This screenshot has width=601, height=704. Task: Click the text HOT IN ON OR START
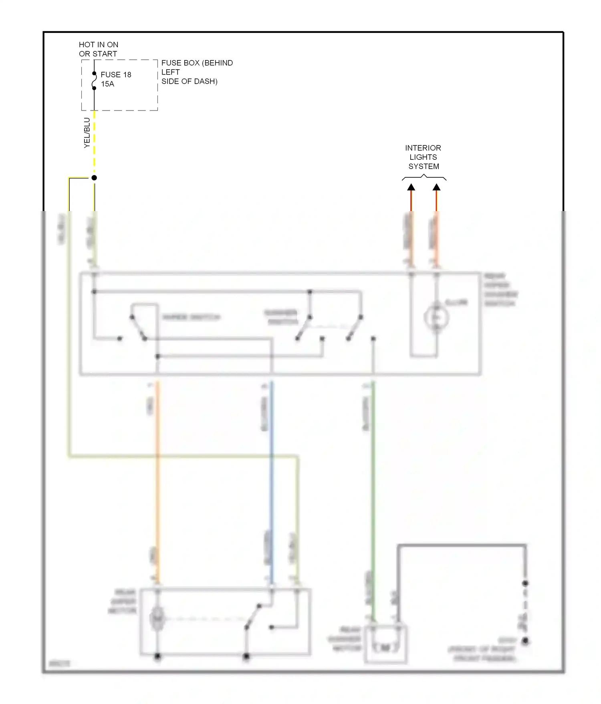point(98,49)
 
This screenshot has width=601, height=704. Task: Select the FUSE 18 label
point(116,75)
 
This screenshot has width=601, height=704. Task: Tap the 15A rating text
point(107,84)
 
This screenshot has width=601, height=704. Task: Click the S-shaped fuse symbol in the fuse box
point(94,81)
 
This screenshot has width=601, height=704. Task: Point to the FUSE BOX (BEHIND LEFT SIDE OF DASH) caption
point(196,72)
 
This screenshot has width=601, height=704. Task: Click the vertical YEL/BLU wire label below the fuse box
point(87,133)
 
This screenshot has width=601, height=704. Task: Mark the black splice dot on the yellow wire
point(94,178)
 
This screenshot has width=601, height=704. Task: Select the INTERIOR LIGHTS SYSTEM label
point(423,157)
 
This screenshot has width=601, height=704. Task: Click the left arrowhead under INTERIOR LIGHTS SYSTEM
point(411,187)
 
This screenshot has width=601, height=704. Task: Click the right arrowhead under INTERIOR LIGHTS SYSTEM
point(437,187)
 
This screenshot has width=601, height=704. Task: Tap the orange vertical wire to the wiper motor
point(157,481)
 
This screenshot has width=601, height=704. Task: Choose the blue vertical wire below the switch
point(272,481)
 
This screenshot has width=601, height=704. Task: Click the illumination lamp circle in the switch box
point(436,318)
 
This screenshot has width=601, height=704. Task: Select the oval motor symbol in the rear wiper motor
point(157,619)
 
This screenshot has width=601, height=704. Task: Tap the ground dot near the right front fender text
point(525,641)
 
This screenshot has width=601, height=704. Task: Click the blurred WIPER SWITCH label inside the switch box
point(192,318)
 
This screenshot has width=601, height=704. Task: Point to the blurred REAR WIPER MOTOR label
point(123,601)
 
